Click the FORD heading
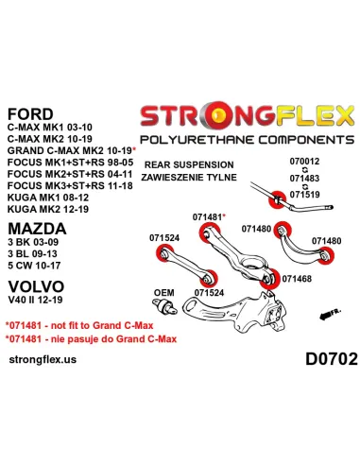[30, 114]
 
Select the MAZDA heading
[37, 229]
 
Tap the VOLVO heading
[36, 286]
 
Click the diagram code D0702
[332, 359]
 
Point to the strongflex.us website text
[43, 359]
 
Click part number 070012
[304, 162]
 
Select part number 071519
[304, 195]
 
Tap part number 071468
[297, 279]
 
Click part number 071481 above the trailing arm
[207, 217]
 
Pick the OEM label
[163, 293]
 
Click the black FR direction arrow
[330, 314]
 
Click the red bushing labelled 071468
[270, 279]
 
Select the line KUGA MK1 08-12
[48, 198]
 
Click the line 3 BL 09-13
[32, 254]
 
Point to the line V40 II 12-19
[35, 300]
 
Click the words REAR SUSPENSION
[189, 164]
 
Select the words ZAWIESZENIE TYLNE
[189, 178]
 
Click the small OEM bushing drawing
[165, 306]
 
